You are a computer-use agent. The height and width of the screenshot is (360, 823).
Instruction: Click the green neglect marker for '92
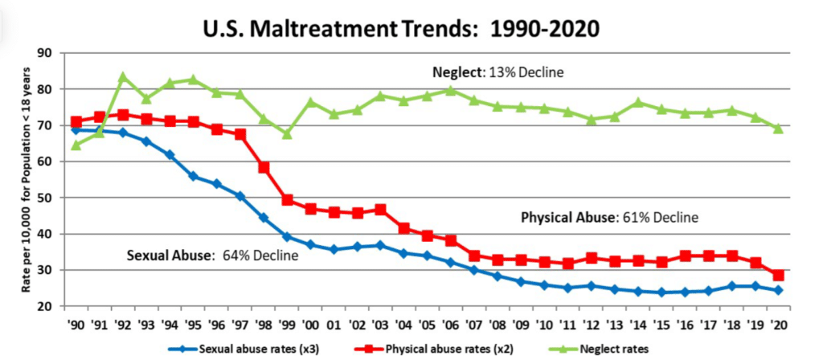click(123, 77)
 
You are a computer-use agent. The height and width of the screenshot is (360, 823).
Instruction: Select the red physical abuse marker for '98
click(264, 168)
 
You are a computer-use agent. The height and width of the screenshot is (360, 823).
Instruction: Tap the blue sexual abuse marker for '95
click(193, 176)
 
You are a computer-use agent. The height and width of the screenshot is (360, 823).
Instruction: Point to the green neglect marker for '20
click(778, 128)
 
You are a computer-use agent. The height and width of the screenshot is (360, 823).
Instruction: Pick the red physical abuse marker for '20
click(778, 276)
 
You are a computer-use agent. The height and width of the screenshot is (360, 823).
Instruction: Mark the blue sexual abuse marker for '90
click(76, 130)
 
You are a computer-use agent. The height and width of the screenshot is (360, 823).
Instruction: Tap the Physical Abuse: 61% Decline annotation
click(609, 217)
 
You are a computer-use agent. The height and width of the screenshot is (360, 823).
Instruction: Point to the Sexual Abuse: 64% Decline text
click(212, 256)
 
